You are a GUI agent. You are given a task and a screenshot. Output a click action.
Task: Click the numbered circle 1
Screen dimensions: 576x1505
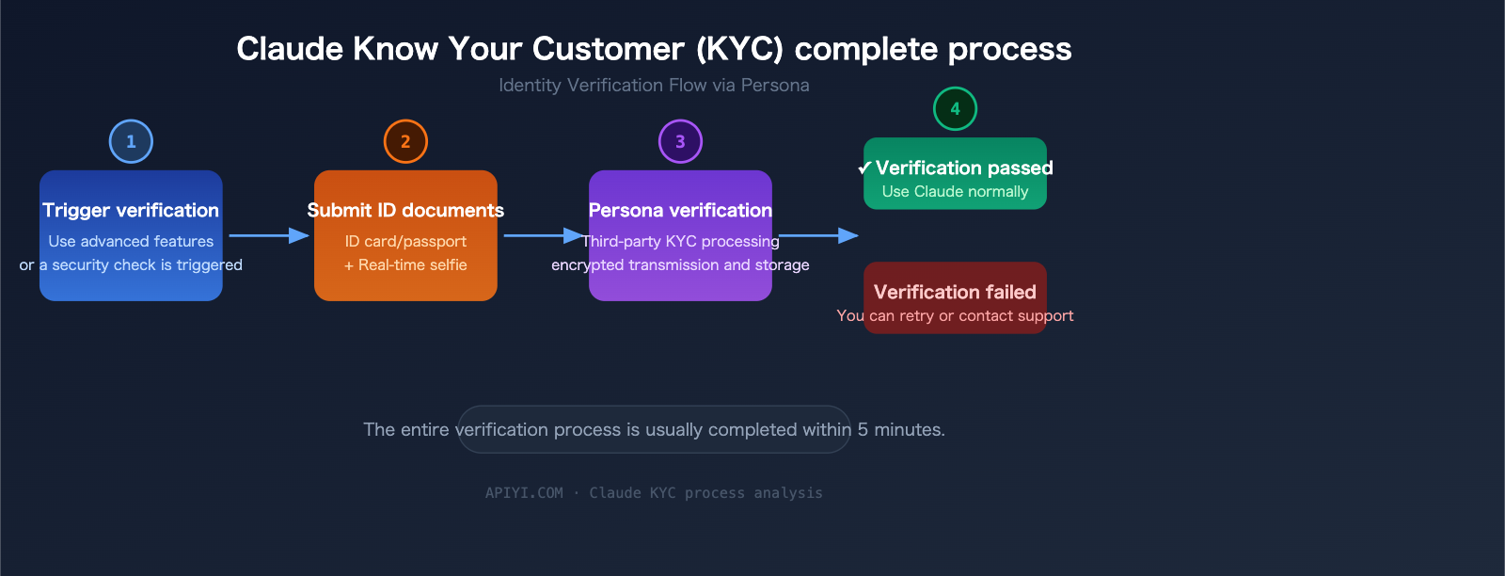[131, 141]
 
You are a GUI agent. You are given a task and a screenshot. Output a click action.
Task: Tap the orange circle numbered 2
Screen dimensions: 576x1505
[405, 141]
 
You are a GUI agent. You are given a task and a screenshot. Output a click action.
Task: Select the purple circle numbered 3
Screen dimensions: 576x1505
[680, 141]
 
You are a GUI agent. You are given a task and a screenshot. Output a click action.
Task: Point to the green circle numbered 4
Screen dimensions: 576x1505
[955, 108]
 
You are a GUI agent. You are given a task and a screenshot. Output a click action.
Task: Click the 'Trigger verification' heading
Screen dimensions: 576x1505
[131, 210]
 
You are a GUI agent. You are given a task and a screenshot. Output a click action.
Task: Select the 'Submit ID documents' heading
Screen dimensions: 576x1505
[405, 210]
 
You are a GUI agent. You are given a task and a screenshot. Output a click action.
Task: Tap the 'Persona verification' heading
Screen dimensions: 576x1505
[680, 210]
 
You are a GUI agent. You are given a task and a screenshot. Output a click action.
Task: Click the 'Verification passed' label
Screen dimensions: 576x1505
[964, 168]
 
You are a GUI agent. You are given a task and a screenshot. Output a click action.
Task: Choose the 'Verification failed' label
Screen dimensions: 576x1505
[955, 292]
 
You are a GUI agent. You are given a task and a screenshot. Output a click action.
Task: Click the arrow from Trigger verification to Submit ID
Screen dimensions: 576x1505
[268, 235]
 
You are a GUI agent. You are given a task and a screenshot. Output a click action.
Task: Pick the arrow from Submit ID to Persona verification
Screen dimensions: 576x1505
[543, 235]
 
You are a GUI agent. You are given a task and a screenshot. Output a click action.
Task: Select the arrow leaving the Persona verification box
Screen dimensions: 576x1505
[817, 235]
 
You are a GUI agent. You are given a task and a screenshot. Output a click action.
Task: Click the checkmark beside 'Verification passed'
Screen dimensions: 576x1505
[864, 168]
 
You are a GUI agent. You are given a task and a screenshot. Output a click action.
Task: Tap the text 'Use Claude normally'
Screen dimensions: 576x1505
[955, 192]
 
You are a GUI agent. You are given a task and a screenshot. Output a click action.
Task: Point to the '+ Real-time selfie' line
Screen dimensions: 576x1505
[405, 265]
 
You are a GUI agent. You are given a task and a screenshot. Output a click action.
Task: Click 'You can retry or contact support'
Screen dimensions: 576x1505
[955, 316]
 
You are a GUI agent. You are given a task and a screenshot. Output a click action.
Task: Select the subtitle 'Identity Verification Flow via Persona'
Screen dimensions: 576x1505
[654, 86]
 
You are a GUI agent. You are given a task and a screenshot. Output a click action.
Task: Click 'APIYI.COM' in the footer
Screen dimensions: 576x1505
[524, 493]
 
